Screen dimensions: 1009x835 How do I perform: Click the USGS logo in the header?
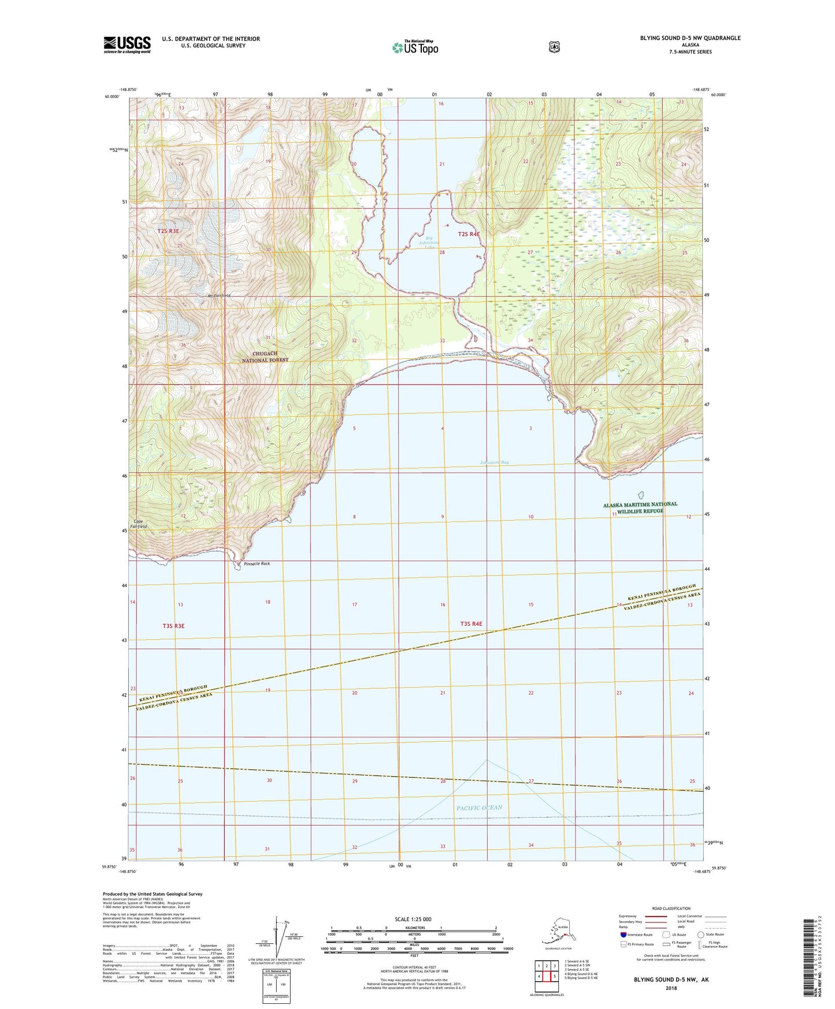point(127,44)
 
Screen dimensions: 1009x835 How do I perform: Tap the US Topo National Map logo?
point(414,47)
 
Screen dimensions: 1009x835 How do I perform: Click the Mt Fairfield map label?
point(220,296)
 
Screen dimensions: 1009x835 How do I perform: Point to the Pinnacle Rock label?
point(257,563)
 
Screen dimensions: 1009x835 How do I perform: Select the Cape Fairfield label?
point(140,524)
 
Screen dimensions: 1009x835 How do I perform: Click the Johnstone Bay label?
point(495,462)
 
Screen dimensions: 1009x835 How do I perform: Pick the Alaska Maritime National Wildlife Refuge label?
point(640,507)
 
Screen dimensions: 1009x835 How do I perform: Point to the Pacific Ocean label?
point(479,807)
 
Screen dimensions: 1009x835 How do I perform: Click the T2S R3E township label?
point(168,231)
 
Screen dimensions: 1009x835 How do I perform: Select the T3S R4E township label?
point(471,624)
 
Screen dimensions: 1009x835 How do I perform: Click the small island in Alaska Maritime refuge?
point(640,495)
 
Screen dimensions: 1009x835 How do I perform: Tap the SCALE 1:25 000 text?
point(413,919)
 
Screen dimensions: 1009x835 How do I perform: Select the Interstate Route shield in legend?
point(622,934)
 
